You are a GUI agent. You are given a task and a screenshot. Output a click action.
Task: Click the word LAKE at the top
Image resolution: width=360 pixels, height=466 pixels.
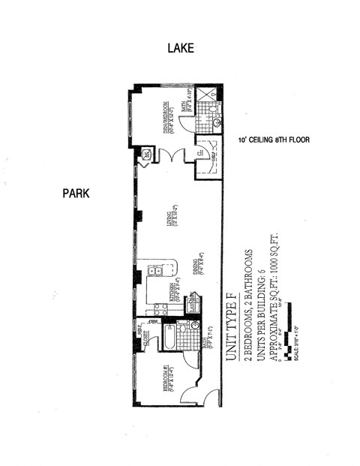point(180,48)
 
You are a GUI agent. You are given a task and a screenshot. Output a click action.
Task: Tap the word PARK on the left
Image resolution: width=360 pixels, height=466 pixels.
point(76,194)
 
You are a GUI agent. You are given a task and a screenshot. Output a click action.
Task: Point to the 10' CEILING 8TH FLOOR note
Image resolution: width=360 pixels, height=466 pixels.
point(274,140)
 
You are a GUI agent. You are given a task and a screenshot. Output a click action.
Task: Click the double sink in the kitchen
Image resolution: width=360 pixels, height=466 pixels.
point(155,271)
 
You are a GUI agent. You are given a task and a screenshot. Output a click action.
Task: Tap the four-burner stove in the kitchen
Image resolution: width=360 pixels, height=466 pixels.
point(157,307)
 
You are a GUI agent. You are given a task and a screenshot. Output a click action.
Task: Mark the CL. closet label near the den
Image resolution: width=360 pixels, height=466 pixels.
point(200,153)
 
